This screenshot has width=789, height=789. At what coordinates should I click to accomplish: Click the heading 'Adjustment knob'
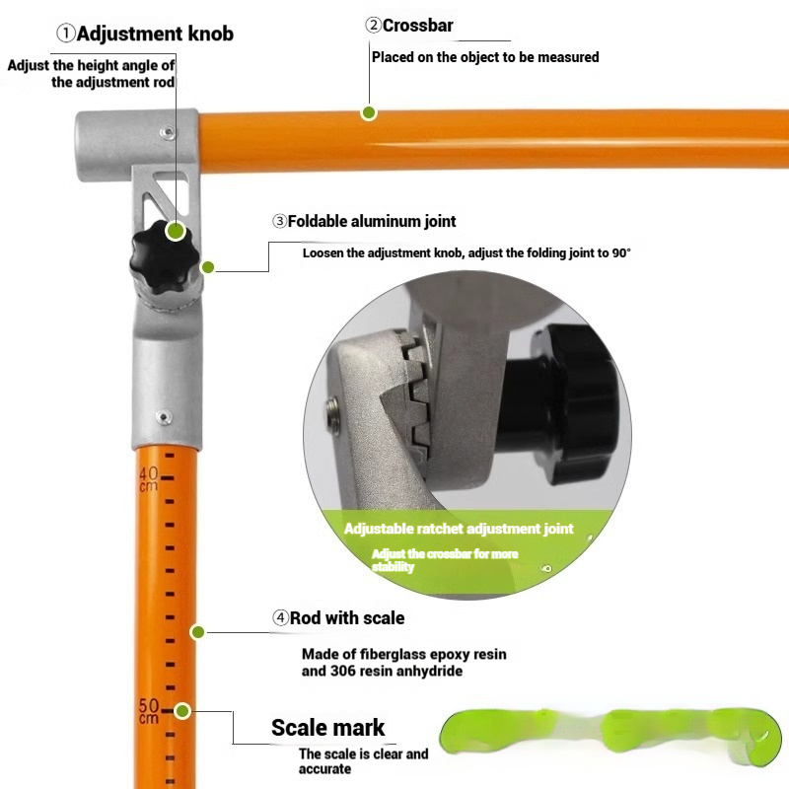pyautogui.click(x=155, y=34)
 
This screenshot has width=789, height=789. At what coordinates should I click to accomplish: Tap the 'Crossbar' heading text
pyautogui.click(x=417, y=26)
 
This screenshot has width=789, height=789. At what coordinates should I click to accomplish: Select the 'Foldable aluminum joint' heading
pyautogui.click(x=372, y=221)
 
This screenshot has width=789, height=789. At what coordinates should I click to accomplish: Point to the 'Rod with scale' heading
pyautogui.click(x=347, y=618)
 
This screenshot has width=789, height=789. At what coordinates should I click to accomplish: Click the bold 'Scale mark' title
pyautogui.click(x=327, y=728)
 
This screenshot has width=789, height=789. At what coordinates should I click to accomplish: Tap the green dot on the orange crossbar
pyautogui.click(x=369, y=112)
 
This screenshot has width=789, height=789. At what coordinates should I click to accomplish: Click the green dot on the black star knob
pyautogui.click(x=176, y=231)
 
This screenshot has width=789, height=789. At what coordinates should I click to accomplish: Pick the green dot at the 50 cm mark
pyautogui.click(x=182, y=711)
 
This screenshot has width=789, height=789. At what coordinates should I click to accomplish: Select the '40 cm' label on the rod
pyautogui.click(x=149, y=479)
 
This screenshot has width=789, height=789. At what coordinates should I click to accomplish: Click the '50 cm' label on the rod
pyautogui.click(x=149, y=710)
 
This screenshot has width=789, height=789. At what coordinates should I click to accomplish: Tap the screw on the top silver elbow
pyautogui.click(x=168, y=133)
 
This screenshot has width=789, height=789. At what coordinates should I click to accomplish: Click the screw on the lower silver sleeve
pyautogui.click(x=164, y=417)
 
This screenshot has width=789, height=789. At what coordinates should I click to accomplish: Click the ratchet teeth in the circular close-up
pyautogui.click(x=418, y=392)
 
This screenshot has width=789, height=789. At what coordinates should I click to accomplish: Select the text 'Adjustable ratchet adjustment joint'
pyautogui.click(x=459, y=529)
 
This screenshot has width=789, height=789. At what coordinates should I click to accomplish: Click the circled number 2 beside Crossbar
pyautogui.click(x=374, y=25)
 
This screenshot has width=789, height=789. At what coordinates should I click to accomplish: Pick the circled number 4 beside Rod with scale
pyautogui.click(x=281, y=617)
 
